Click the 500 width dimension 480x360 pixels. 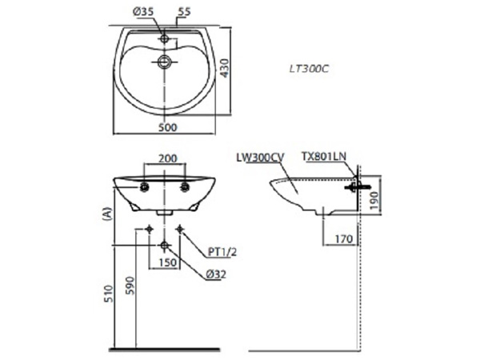pos(167,127)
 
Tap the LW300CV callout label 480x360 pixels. pos(261,158)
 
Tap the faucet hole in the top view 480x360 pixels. pos(164,38)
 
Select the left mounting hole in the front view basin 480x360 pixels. pos(145,187)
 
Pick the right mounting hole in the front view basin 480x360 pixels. pos(186,187)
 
